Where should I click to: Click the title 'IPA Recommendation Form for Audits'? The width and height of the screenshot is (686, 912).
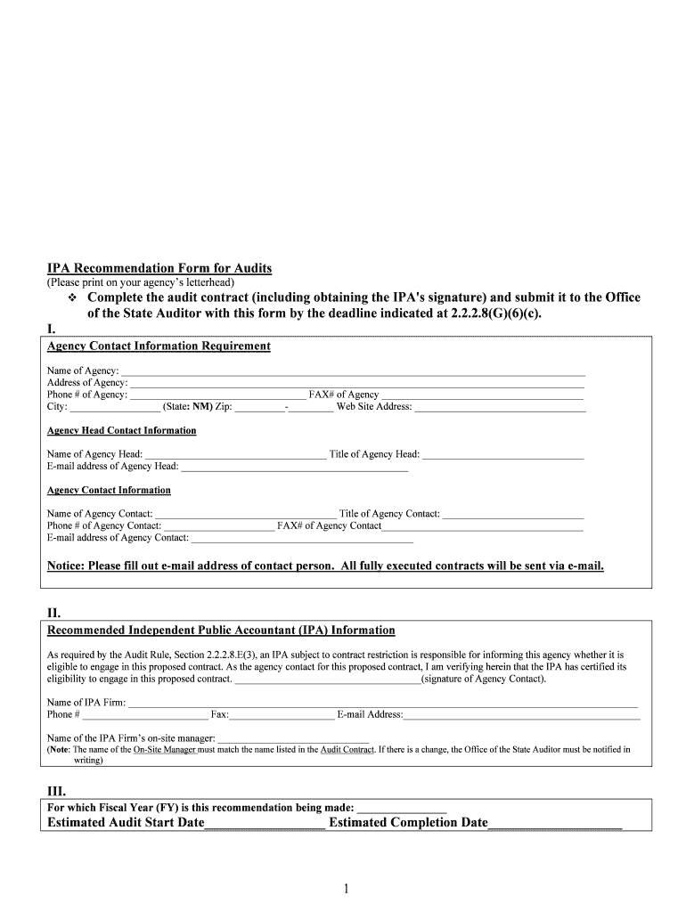coord(159,268)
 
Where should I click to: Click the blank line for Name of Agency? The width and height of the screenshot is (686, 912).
coord(353,371)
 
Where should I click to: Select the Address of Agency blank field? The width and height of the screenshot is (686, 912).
coord(357,383)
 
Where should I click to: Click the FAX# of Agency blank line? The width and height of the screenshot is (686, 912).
coord(483,395)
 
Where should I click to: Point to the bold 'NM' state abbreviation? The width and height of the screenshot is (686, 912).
coord(202,407)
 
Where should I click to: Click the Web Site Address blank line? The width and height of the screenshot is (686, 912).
coord(500,407)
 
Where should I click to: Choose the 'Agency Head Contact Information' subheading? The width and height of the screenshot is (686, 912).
coord(121,431)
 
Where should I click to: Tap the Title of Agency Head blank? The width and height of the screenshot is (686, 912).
coord(502,454)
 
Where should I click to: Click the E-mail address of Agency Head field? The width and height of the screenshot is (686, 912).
coord(294,467)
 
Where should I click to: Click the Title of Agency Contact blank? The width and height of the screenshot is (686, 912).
coord(512,514)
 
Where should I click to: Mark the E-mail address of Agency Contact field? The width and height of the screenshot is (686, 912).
coord(302,538)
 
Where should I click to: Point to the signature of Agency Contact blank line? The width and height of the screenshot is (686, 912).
coord(327,680)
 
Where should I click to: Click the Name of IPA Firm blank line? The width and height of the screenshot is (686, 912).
coord(383,703)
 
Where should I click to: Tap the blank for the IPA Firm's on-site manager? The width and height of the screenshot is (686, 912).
coord(293,739)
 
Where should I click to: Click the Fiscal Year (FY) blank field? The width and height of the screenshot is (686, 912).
coord(401,808)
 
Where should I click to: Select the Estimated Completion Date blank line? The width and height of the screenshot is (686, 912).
coord(555,823)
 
